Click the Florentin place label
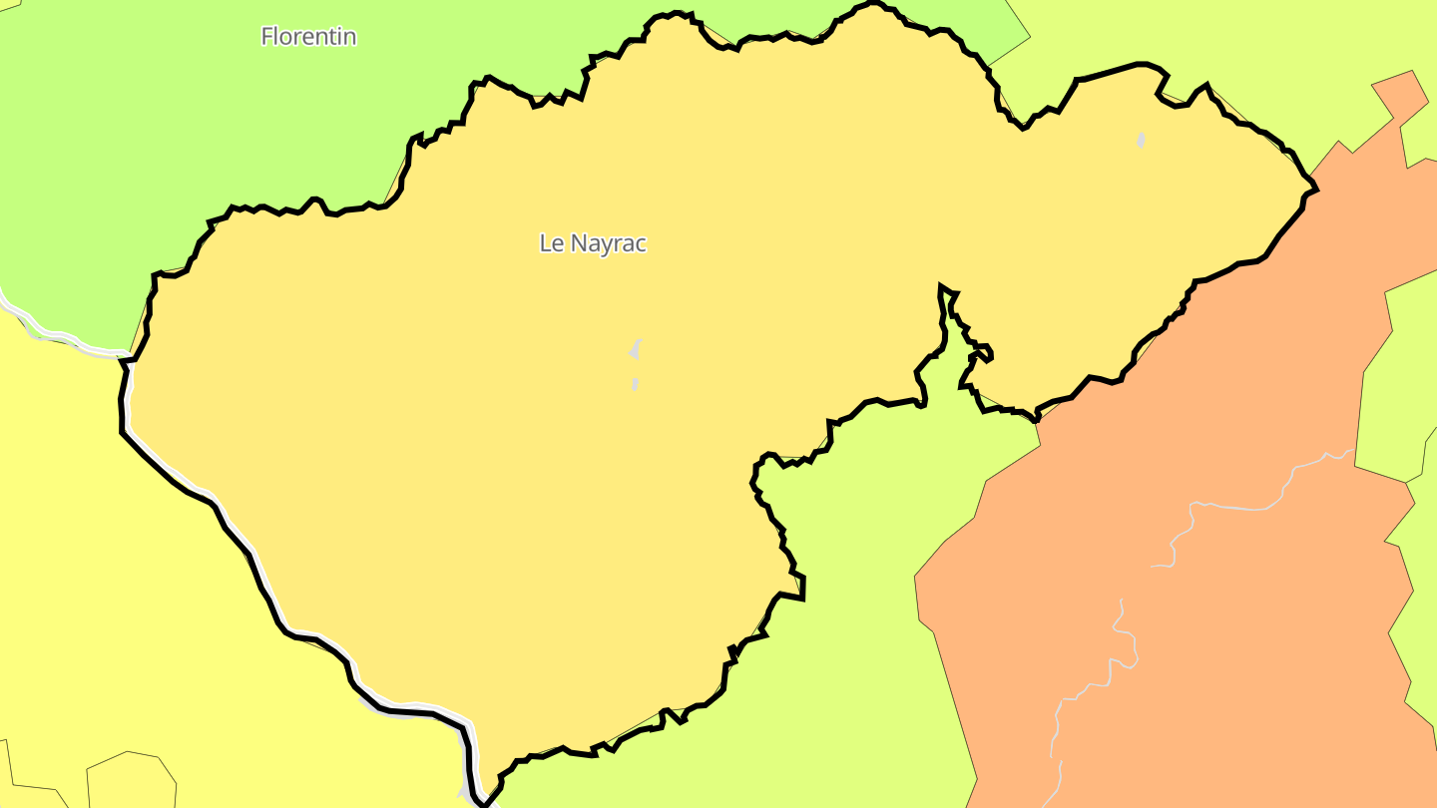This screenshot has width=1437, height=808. coord(308,37)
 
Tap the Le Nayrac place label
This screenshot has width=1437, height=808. coord(593,243)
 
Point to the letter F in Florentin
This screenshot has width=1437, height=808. coord(267,37)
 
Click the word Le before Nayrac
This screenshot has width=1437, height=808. coord(550,243)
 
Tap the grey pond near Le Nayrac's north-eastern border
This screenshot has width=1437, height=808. coord(1141,141)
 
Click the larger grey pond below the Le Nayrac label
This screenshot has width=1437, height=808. coord(634,350)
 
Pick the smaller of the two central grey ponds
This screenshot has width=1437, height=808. coord(635,384)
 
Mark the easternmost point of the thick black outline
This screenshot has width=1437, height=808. coord(1316,188)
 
